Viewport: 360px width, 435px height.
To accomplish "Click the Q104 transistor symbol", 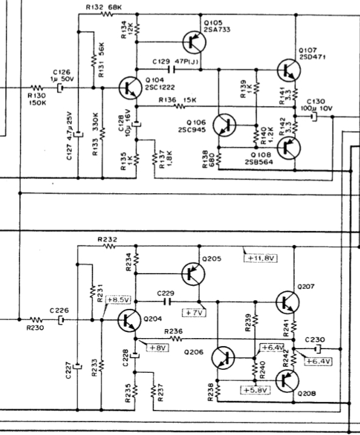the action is (x=129, y=88).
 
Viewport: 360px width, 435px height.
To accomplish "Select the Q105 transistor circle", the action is (x=194, y=42).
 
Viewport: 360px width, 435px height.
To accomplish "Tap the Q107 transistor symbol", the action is (x=289, y=70).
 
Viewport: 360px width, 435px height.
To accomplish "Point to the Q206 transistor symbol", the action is (x=223, y=358).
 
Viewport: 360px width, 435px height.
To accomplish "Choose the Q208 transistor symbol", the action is (x=288, y=381).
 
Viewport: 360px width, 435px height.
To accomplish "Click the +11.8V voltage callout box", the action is (x=261, y=258).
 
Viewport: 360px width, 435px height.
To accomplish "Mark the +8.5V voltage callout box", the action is (x=118, y=300).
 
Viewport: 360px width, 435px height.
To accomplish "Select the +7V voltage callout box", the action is (x=194, y=313).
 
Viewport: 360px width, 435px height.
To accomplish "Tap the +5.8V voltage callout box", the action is (x=255, y=390).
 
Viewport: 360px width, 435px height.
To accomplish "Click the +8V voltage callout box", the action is (x=158, y=347).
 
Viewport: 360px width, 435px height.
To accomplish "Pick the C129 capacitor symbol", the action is (x=171, y=69).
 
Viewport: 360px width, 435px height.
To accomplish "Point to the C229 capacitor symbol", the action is (x=168, y=302).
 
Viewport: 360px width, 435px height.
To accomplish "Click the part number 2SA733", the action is (x=217, y=29).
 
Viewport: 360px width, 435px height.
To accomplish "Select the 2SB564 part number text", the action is (x=259, y=161).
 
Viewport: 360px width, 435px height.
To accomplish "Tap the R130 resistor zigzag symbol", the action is (x=37, y=88).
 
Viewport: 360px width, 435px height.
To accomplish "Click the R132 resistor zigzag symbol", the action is (x=107, y=13).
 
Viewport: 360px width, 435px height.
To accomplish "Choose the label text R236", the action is (x=174, y=331).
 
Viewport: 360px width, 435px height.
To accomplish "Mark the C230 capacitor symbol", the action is (x=317, y=348).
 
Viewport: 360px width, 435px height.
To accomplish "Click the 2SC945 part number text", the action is (x=192, y=130).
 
